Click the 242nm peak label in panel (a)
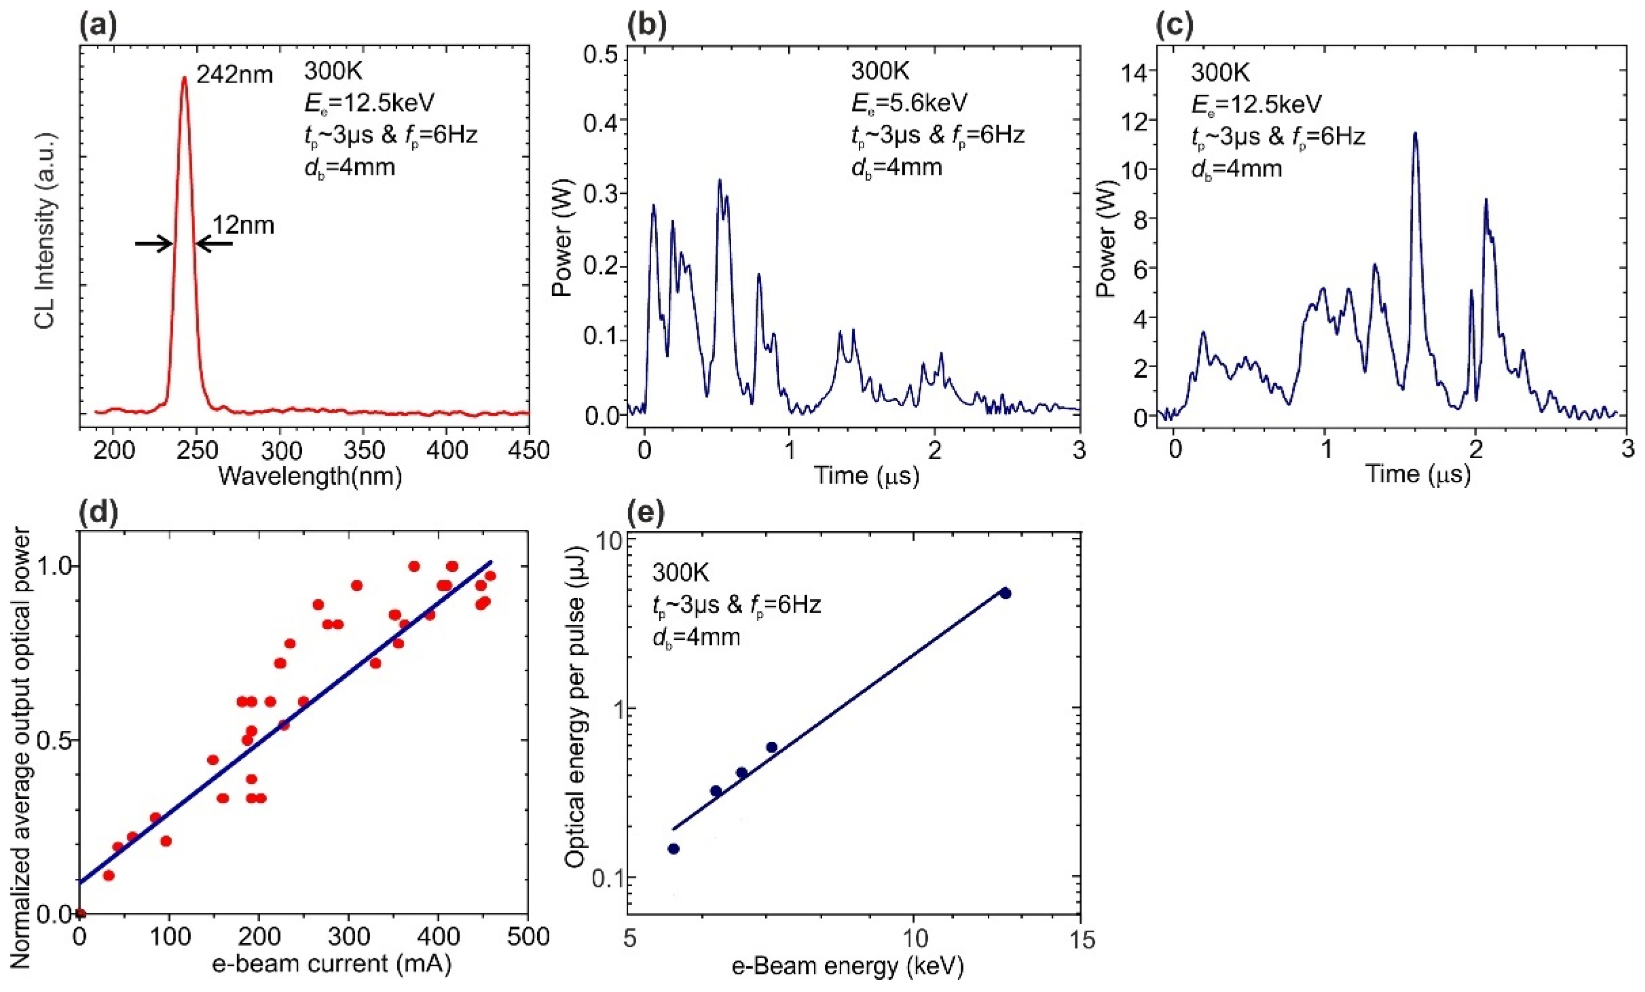pos(235,74)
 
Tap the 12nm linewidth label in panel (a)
pos(243,226)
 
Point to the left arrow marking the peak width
pos(154,244)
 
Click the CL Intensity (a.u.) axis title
pos(46,230)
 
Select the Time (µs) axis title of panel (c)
pos(1418,475)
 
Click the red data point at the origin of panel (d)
pos(80,913)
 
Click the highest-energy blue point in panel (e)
pos(1005,593)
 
